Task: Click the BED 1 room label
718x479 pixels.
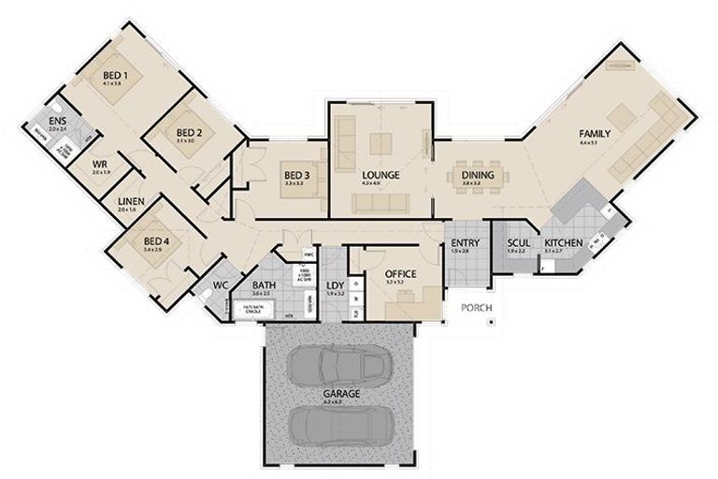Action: (115, 74)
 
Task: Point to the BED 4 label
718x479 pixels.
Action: (152, 240)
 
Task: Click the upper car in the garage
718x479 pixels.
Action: (339, 363)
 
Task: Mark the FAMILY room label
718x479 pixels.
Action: (594, 133)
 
